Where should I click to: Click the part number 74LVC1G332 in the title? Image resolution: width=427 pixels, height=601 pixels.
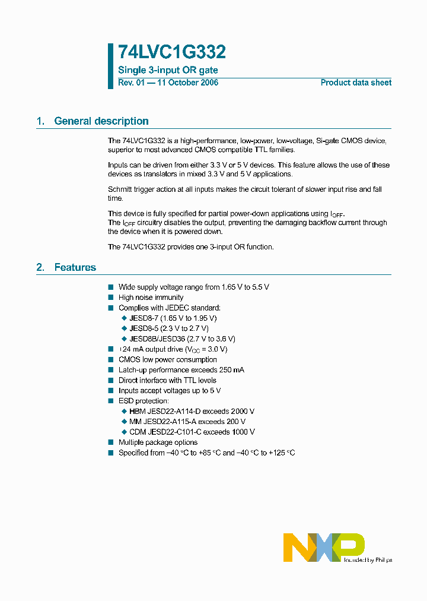(x=172, y=53)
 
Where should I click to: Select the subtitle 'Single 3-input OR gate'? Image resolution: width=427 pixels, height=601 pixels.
(x=168, y=71)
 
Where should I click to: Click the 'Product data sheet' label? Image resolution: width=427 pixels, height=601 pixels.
(x=356, y=83)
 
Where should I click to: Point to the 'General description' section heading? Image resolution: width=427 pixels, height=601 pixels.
(x=101, y=121)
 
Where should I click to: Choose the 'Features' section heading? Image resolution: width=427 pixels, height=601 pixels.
(x=75, y=268)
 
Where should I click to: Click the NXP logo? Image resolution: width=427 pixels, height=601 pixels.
(x=323, y=547)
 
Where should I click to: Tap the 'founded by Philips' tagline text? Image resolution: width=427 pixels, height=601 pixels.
(x=367, y=560)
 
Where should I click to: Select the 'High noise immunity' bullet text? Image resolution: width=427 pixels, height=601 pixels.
(x=151, y=298)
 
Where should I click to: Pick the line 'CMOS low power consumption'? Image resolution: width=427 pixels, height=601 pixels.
(x=167, y=360)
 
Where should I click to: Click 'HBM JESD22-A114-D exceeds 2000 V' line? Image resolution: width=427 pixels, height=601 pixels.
(x=192, y=412)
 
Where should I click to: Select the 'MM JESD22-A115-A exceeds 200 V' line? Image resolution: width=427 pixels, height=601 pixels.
(x=187, y=422)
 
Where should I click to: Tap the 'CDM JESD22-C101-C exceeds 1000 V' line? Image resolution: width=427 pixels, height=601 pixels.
(x=192, y=432)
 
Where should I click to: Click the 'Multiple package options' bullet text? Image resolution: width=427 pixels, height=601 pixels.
(x=158, y=442)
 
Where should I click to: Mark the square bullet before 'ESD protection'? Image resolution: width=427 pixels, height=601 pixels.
(x=110, y=401)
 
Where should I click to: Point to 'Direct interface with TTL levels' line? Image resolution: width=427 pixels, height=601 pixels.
(x=167, y=381)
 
